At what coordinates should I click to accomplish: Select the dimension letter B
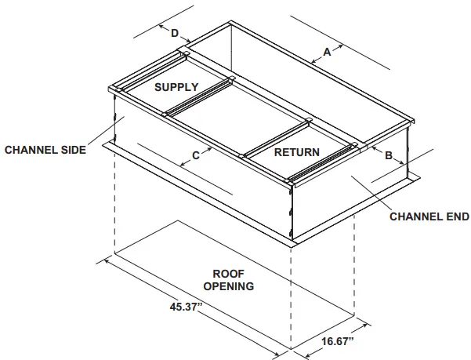[x=388, y=155]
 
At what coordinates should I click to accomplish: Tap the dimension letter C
[x=196, y=155]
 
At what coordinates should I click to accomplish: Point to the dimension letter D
[x=175, y=33]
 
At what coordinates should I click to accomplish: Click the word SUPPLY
[x=176, y=86]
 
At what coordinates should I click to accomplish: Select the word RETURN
[x=296, y=152]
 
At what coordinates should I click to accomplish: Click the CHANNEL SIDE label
[x=45, y=149]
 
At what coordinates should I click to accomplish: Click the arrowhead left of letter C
[x=183, y=163]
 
